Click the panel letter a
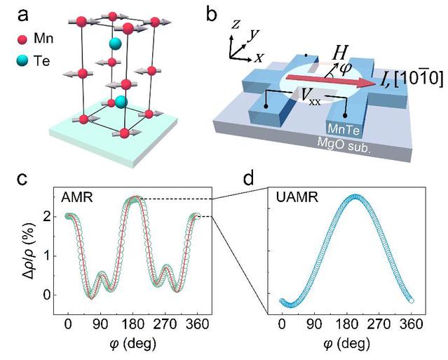pyautogui.click(x=23, y=15)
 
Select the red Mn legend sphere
pyautogui.click(x=22, y=39)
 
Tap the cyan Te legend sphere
pyautogui.click(x=22, y=60)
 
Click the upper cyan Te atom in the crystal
pyautogui.click(x=115, y=44)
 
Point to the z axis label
pyautogui.click(x=236, y=25)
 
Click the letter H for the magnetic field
pyautogui.click(x=340, y=53)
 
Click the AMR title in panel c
pyautogui.click(x=77, y=197)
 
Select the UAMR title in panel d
pyautogui.click(x=297, y=197)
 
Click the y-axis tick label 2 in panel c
pyautogui.click(x=48, y=216)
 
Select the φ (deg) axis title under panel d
pyautogui.click(x=346, y=344)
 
